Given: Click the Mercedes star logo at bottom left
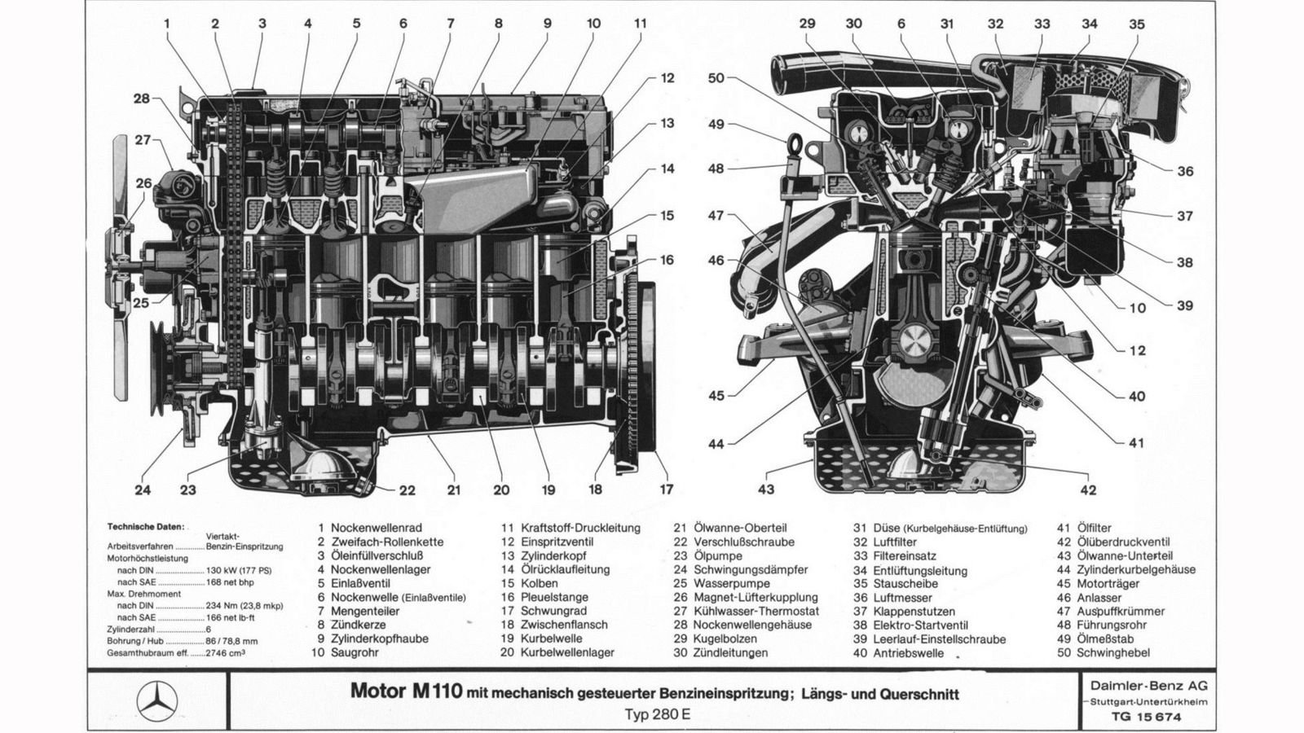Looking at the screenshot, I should tap(156, 700).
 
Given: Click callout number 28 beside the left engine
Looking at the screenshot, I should tap(143, 99).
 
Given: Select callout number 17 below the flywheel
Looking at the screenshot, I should tap(667, 489).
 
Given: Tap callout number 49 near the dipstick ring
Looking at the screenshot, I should tap(716, 125).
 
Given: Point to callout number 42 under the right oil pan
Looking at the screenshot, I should tap(1088, 489).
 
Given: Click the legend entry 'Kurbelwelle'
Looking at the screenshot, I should tap(553, 639).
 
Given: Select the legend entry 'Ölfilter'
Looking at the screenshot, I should tap(1094, 528).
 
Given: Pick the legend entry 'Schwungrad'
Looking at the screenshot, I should tap(553, 611).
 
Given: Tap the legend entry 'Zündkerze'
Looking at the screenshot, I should tap(359, 625).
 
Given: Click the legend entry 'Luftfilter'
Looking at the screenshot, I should tap(895, 542).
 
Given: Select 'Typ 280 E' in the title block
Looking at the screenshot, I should tap(657, 715).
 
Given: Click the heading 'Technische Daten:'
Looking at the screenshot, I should tap(146, 527).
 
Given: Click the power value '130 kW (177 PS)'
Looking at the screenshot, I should tap(239, 570).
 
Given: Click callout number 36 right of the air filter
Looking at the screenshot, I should tap(1184, 171).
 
